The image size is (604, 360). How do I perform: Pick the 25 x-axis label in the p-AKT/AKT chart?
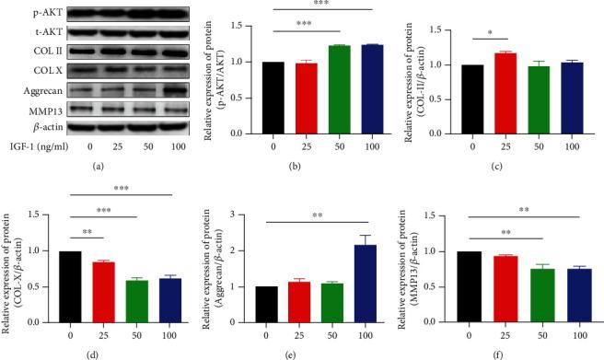tap(301, 145)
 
